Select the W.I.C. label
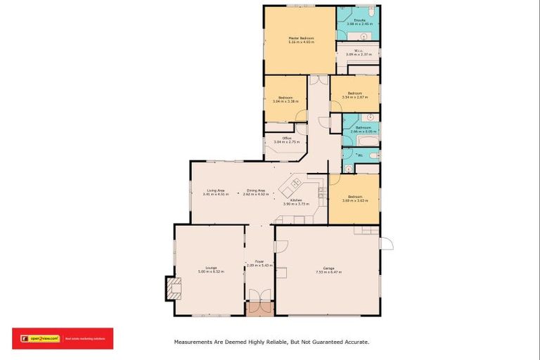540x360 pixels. pyautogui.click(x=359, y=50)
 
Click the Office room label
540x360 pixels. pyautogui.click(x=287, y=137)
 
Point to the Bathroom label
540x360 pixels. pyautogui.click(x=363, y=127)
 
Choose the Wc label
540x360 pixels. pyautogui.click(x=360, y=155)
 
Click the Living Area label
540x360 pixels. pyautogui.click(x=215, y=190)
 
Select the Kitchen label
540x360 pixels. pyautogui.click(x=296, y=200)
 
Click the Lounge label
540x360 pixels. pyautogui.click(x=211, y=267)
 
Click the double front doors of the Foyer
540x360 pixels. pyautogui.click(x=259, y=308)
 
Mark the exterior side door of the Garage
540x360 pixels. pyautogui.click(x=386, y=243)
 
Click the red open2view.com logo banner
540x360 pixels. pyautogui.click(x=62, y=338)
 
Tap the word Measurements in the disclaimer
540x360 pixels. pyautogui.click(x=193, y=342)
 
